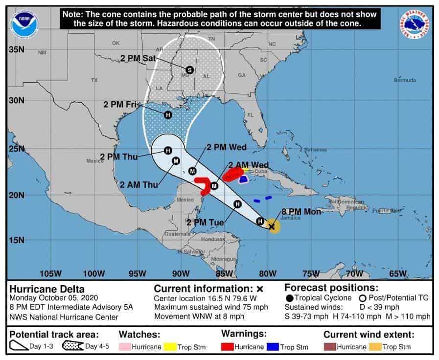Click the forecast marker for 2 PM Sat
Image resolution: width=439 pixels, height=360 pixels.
coord(190,70)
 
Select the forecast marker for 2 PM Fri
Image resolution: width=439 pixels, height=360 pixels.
coord(168,115)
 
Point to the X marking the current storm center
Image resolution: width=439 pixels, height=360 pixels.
coord(272,226)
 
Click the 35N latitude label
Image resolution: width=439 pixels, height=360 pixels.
coord(17,49)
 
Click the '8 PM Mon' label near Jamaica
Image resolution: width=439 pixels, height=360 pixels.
coord(300,212)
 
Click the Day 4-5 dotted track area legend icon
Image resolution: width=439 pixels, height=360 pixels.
coord(73,347)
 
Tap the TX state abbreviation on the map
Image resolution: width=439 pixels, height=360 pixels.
coord(94,80)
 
